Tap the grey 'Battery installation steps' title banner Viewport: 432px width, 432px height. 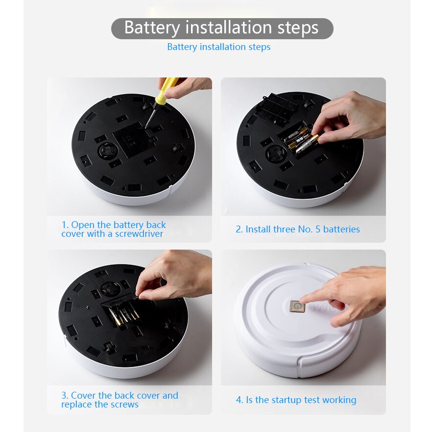tap(221, 28)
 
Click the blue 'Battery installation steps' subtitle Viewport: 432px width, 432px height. tap(218, 47)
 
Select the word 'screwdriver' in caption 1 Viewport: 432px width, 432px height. tap(140, 234)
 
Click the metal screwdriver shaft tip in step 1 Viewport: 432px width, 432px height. tap(147, 123)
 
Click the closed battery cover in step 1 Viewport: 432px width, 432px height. tap(130, 140)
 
